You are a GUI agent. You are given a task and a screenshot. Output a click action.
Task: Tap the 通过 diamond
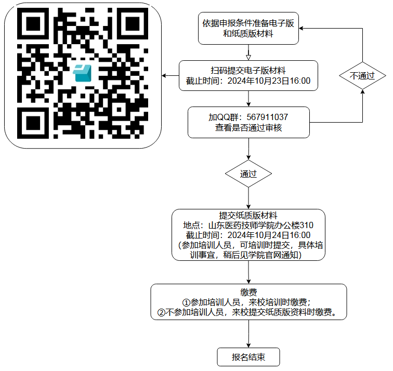248,174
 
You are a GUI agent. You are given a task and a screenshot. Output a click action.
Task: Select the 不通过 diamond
362,75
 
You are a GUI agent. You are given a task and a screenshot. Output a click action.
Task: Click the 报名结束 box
248,357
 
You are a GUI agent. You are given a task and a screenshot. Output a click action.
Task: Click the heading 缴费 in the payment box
248,293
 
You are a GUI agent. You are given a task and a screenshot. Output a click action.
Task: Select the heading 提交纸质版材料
248,216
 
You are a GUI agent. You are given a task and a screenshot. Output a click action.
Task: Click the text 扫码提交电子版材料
248,71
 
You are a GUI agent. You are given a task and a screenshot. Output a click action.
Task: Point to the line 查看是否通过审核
248,128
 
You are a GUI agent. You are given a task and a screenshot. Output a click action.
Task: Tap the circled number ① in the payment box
186,302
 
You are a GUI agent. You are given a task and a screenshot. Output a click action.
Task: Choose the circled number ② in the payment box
161,312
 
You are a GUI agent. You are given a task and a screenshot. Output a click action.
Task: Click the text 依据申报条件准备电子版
248,24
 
